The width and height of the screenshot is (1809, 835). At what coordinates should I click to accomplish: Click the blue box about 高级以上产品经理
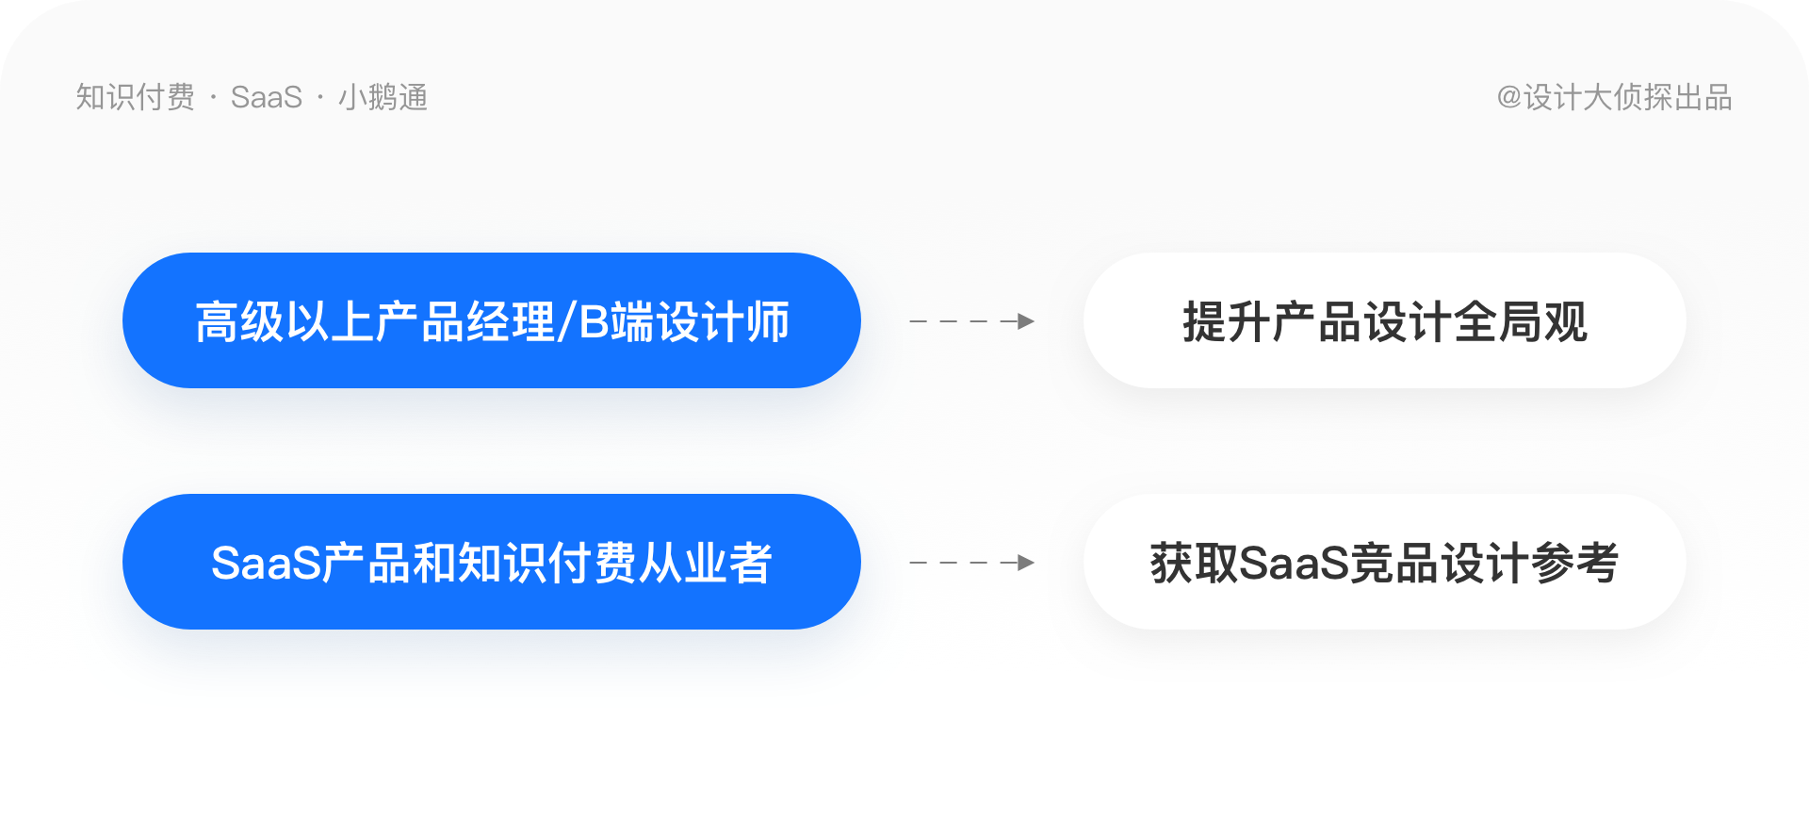[491, 320]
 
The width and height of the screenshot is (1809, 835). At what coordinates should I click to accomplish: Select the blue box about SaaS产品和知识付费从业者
[491, 562]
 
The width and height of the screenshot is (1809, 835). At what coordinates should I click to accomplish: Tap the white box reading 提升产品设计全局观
[1384, 320]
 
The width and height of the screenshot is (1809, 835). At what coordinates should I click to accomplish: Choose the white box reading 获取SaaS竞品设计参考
[1384, 562]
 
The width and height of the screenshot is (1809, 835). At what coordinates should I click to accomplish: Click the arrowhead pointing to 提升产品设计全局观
[1026, 321]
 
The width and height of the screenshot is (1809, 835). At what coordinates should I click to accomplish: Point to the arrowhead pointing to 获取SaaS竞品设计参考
[1026, 563]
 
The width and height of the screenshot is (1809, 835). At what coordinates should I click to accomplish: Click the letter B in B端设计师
[595, 322]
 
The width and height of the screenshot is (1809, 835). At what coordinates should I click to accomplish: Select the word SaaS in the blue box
[267, 564]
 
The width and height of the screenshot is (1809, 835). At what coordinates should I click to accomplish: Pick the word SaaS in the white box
[1295, 564]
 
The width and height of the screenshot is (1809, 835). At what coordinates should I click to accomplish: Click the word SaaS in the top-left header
[267, 97]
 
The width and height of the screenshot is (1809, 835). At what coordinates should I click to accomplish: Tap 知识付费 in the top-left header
[136, 97]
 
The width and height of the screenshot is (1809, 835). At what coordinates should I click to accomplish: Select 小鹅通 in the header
[383, 97]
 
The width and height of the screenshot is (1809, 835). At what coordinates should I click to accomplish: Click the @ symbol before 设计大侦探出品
[1509, 97]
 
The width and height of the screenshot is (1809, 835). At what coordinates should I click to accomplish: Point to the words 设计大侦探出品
[1628, 97]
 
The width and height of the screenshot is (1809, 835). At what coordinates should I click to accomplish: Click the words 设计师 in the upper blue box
[723, 322]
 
